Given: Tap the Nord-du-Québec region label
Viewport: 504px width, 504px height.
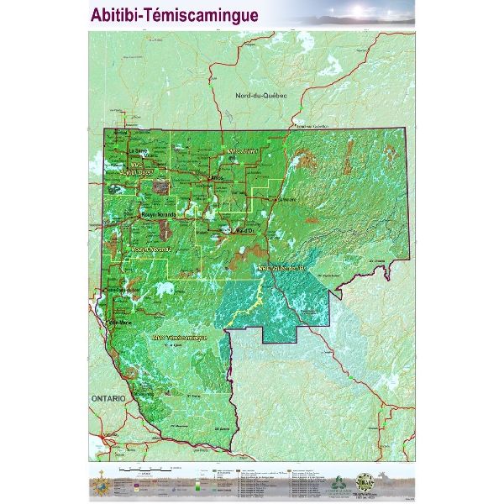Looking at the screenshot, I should [261, 96].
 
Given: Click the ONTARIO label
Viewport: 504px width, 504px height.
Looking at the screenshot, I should [110, 396].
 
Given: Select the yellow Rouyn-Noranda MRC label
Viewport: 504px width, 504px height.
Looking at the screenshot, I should [151, 249].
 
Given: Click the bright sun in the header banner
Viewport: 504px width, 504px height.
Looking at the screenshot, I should [375, 11].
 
